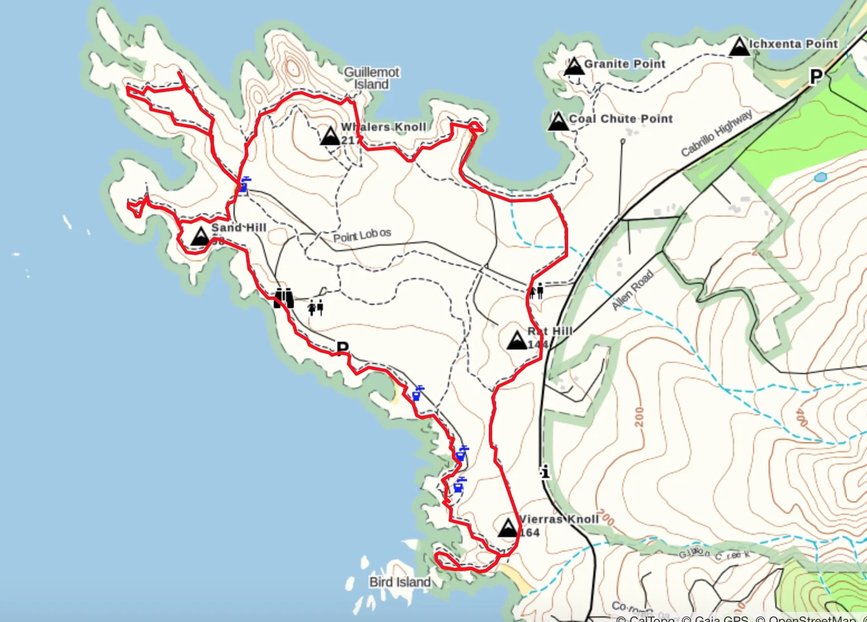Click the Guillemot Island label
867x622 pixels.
point(371,78)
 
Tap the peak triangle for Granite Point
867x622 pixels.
point(574,66)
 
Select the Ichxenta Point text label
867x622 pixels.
point(793,44)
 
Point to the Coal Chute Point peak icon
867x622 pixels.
point(558,121)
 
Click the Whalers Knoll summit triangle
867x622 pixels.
point(330,135)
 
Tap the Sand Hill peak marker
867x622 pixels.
point(199,236)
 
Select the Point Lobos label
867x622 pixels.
point(362,236)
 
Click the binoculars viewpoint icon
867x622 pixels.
point(284,298)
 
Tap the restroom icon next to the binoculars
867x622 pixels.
point(316,307)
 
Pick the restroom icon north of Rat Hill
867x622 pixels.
point(537,290)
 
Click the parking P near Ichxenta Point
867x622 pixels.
point(816,76)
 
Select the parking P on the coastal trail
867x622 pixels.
point(342,348)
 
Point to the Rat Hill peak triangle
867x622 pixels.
point(517,339)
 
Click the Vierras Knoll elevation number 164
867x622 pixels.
point(530,533)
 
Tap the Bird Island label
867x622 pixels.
point(400,582)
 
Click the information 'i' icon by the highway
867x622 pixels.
point(545,472)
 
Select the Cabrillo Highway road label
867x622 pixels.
point(717,133)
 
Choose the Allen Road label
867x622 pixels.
point(632,290)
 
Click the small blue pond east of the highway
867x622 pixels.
point(820,178)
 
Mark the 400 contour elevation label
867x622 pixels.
point(801,417)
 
